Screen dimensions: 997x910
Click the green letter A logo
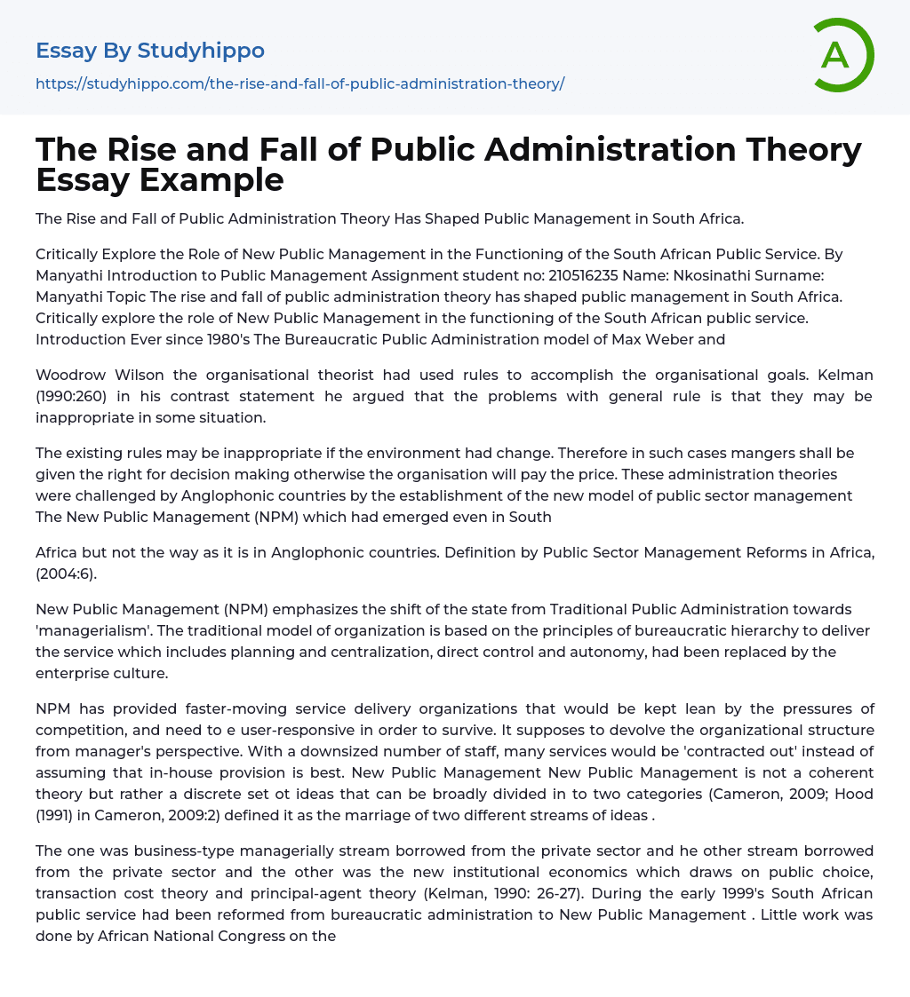pos(843,55)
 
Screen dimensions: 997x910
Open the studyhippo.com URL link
pos(299,83)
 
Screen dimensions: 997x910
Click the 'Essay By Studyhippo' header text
pos(150,51)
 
